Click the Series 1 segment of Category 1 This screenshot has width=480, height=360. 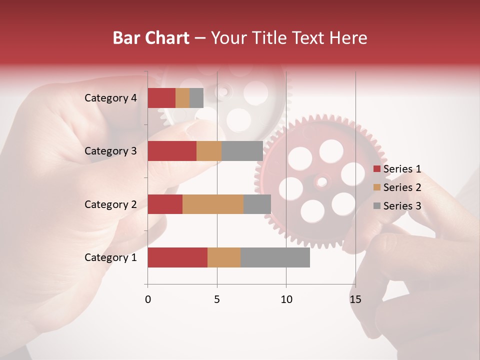[177, 257]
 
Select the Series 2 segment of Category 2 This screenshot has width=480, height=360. [213, 204]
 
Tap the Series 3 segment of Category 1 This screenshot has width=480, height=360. [275, 257]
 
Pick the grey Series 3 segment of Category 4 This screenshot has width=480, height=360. [196, 98]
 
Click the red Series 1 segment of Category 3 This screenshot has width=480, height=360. [172, 151]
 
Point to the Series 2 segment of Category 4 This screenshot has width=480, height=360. [182, 98]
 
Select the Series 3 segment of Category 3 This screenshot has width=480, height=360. [242, 151]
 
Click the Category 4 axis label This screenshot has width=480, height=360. [110, 98]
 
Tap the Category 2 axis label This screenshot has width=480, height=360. [110, 204]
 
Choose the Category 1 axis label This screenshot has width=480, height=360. [110, 257]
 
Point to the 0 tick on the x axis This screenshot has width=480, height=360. [147, 299]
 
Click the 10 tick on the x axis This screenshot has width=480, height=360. [286, 299]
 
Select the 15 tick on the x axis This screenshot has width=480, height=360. [355, 299]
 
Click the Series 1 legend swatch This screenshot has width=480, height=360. [376, 169]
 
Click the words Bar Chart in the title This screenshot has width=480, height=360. [151, 37]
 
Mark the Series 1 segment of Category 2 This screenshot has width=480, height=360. [165, 204]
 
